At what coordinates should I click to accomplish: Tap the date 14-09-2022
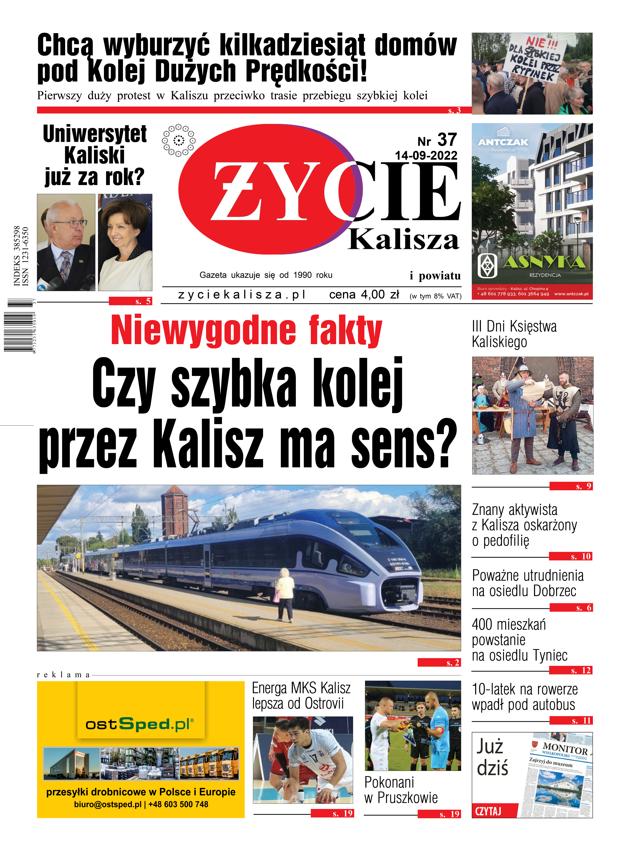point(426,156)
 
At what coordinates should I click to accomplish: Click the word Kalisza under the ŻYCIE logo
point(403,240)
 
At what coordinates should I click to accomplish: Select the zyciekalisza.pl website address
point(242,295)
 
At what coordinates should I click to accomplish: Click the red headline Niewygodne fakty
point(246,330)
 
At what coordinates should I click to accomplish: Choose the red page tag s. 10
point(571,556)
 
